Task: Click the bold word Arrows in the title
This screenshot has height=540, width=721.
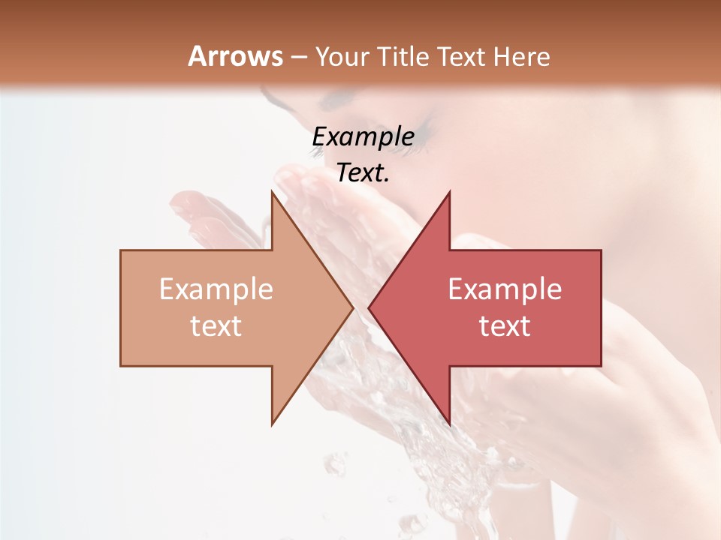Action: (x=235, y=56)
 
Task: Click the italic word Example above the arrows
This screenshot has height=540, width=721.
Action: (x=363, y=136)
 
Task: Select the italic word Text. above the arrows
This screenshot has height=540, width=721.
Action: (x=363, y=173)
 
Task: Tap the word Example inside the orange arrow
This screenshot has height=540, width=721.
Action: (x=216, y=289)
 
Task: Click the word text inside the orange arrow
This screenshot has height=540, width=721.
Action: (x=216, y=326)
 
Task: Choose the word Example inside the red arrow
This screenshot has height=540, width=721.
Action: (x=505, y=289)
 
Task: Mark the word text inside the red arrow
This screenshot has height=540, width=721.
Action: (x=505, y=326)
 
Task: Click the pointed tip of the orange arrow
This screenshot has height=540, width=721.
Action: (x=352, y=307)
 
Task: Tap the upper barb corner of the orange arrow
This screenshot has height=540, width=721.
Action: (x=272, y=192)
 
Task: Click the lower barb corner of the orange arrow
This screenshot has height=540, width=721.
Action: (x=272, y=424)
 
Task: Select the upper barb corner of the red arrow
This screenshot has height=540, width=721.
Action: (x=449, y=192)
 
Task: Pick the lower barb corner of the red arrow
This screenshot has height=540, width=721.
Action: (x=449, y=424)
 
